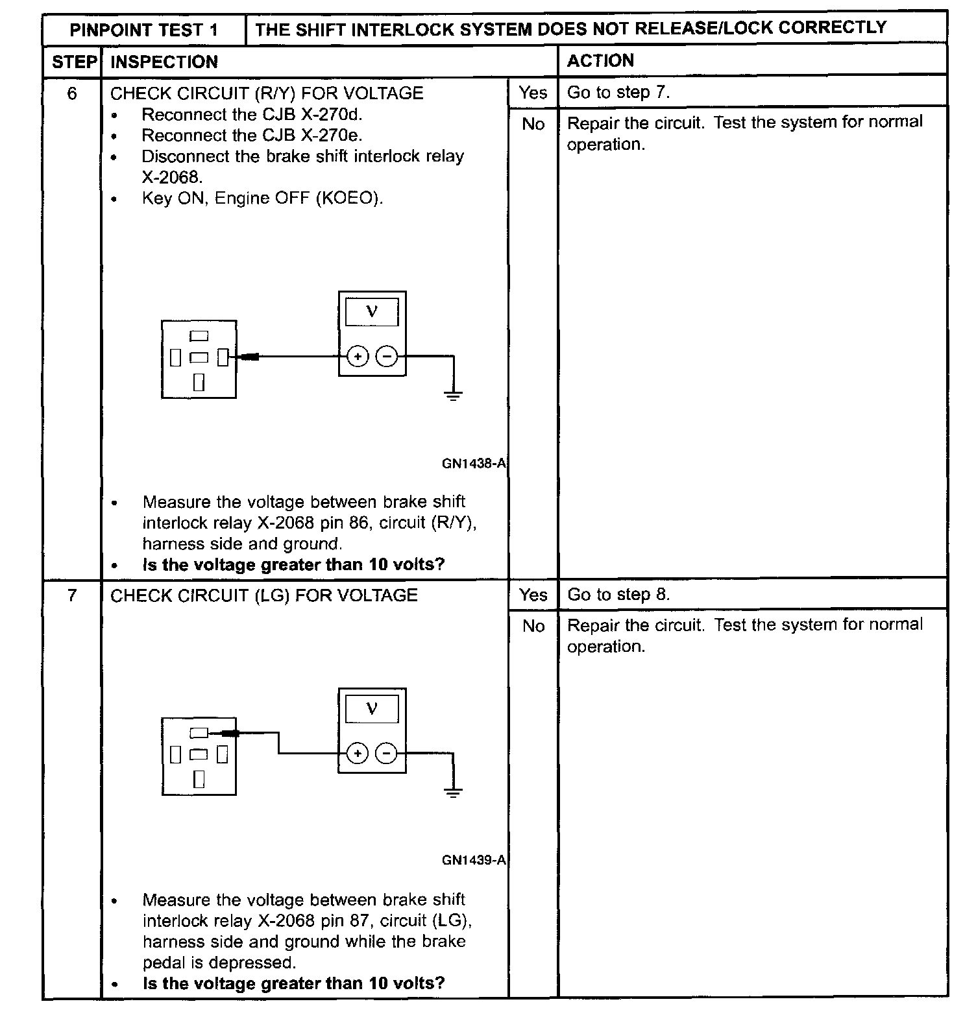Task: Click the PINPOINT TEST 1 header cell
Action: coord(143,30)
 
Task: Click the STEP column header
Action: coord(73,62)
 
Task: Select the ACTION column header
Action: coord(600,61)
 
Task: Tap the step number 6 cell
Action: coord(72,94)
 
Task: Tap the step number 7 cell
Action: coord(72,595)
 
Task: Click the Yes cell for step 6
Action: coord(533,93)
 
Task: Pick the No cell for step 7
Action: coord(533,626)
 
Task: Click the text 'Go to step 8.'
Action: coord(618,595)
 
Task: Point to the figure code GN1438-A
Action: coord(473,464)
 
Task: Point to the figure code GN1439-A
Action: coord(473,861)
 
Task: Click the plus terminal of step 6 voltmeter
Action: coord(358,356)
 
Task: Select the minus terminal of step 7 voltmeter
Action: coord(387,753)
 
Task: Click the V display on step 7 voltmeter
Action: coord(372,709)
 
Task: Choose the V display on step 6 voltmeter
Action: coord(372,312)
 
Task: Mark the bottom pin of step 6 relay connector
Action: coord(199,382)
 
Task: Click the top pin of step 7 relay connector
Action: coord(199,733)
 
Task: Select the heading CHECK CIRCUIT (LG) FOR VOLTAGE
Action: coord(264,595)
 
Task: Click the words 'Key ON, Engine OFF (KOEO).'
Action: coord(262,198)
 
